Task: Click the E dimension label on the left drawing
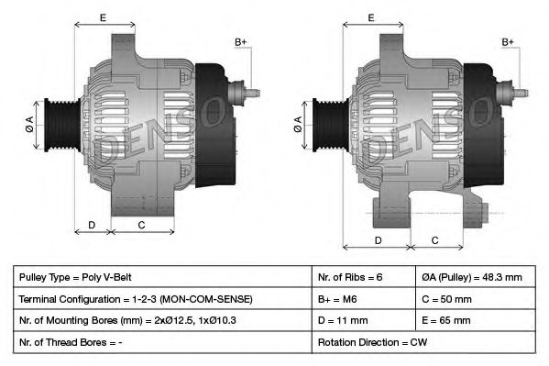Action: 103,17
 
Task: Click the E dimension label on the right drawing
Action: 371,17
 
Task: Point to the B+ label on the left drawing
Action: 240,42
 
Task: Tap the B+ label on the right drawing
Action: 508,42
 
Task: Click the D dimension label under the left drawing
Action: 92,225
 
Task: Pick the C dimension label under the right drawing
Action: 435,239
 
